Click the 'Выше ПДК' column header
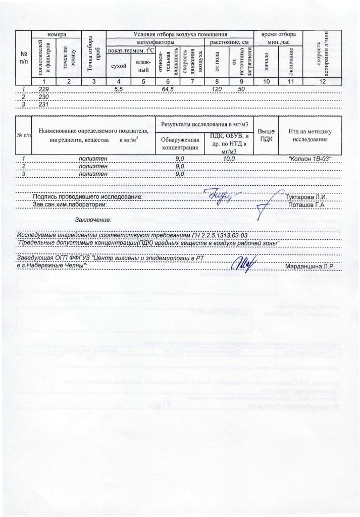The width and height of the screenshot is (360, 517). (266, 135)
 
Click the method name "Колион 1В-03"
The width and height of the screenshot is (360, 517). (310, 159)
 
